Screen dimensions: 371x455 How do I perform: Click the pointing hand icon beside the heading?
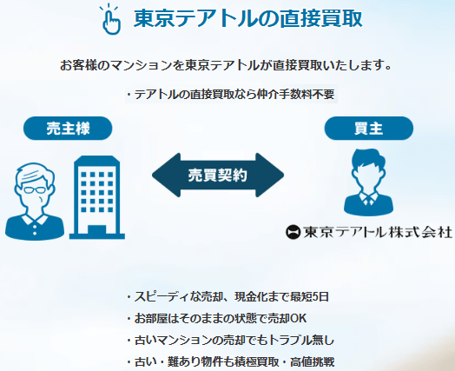tap(110, 19)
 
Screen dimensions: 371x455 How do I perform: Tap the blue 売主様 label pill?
tap(69, 129)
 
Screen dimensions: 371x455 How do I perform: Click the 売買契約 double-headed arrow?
tap(218, 174)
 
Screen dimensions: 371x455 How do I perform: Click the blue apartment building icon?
tap(95, 195)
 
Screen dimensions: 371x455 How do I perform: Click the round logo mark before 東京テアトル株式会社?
tap(293, 232)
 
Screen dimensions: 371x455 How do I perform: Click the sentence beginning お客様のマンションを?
tap(227, 65)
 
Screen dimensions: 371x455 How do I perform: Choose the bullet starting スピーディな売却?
tap(227, 297)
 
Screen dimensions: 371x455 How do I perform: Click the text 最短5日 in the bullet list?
tap(309, 297)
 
